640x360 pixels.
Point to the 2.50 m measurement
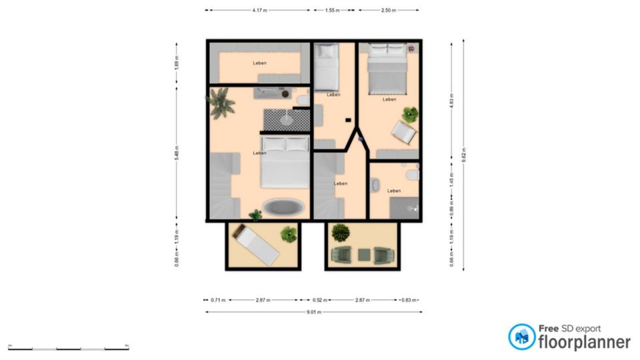pyautogui.click(x=389, y=11)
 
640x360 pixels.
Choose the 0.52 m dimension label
pyautogui.click(x=318, y=300)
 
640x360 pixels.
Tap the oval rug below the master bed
pyautogui.click(x=283, y=207)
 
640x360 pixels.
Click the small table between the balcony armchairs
pyautogui.click(x=363, y=254)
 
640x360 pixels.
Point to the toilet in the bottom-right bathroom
pyautogui.click(x=413, y=175)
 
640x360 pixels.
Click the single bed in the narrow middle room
pyautogui.click(x=327, y=67)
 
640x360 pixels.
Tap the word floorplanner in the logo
pyautogui.click(x=585, y=342)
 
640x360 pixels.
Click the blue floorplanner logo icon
pyautogui.click(x=521, y=337)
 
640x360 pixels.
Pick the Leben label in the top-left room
pyautogui.click(x=259, y=63)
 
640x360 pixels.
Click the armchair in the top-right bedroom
pyautogui.click(x=404, y=132)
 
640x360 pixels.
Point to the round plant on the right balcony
pyautogui.click(x=341, y=233)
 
